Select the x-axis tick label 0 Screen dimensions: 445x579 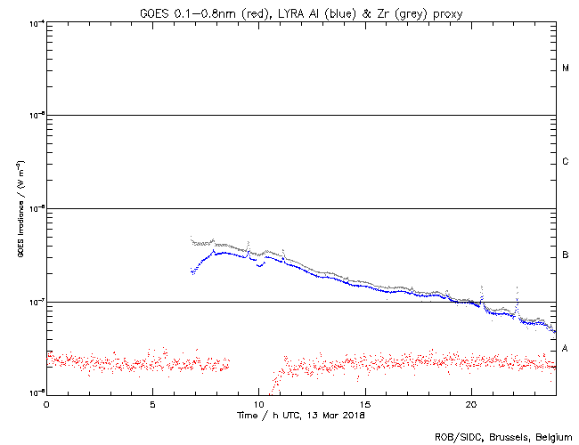coord(46,404)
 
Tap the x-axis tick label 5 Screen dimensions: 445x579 coord(152,404)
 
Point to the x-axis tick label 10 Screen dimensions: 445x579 coord(259,404)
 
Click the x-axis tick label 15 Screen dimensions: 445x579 coord(365,404)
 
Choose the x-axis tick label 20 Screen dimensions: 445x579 coord(471,404)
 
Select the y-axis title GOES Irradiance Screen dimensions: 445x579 coord(20,208)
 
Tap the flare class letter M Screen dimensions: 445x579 coord(566,69)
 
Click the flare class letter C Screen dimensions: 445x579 coord(566,162)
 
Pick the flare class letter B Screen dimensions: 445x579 coord(566,255)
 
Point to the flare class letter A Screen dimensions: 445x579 coord(566,349)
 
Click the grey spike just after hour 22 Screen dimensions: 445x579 coord(517,291)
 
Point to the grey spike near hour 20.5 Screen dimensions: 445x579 coord(482,290)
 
